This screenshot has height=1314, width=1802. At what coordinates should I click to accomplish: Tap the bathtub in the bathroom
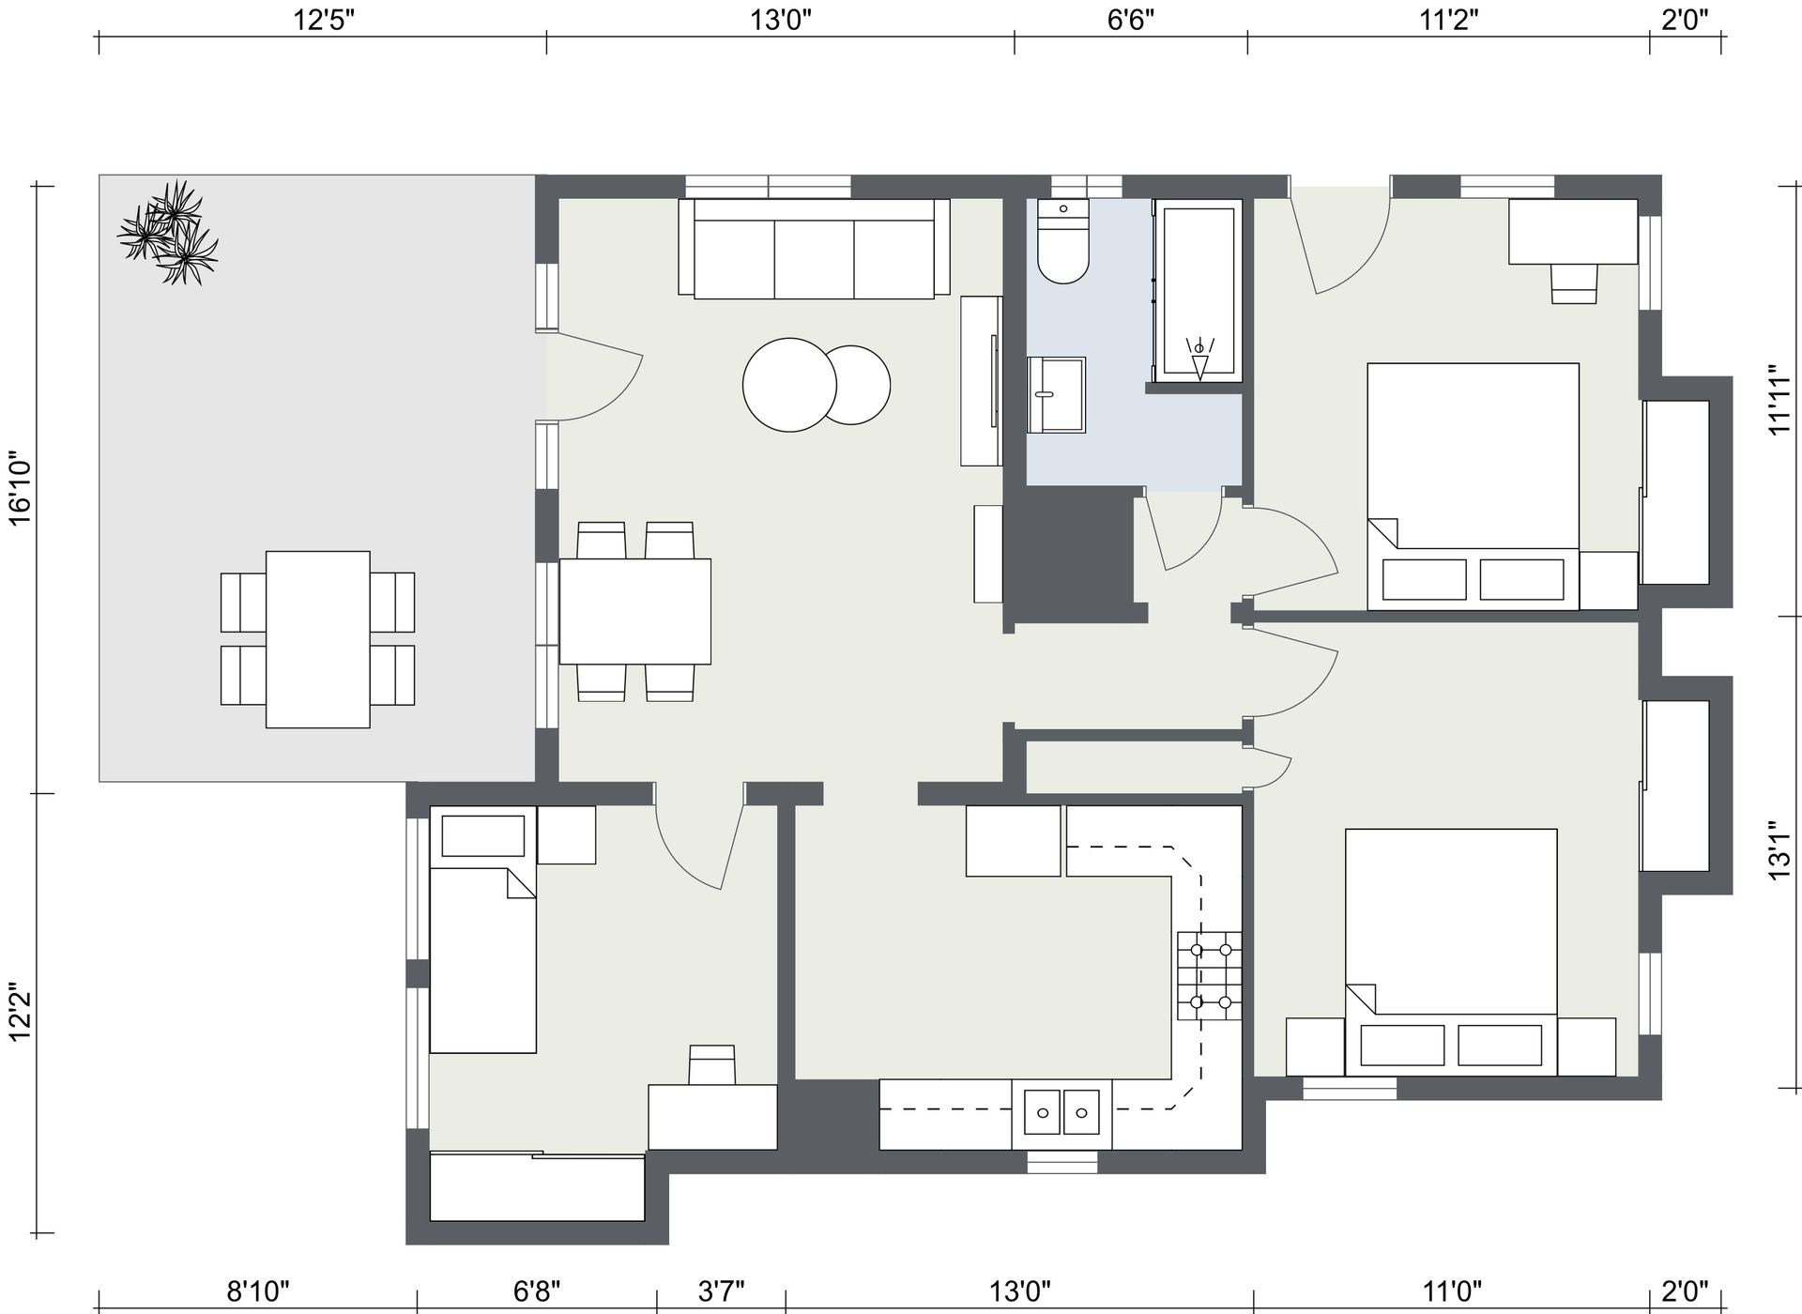tap(1199, 291)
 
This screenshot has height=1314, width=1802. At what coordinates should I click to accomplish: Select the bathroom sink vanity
tap(1057, 395)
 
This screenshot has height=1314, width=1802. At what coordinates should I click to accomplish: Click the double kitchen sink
tap(1061, 1114)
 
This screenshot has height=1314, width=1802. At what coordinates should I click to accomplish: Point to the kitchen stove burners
tap(1210, 976)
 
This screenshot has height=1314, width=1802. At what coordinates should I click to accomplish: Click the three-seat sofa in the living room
tap(814, 249)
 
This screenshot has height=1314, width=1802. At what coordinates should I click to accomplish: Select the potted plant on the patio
tap(168, 232)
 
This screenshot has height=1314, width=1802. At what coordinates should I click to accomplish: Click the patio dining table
tap(317, 639)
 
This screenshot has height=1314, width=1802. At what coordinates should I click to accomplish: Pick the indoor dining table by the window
tap(635, 612)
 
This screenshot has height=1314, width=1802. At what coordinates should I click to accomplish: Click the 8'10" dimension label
tap(258, 1292)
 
